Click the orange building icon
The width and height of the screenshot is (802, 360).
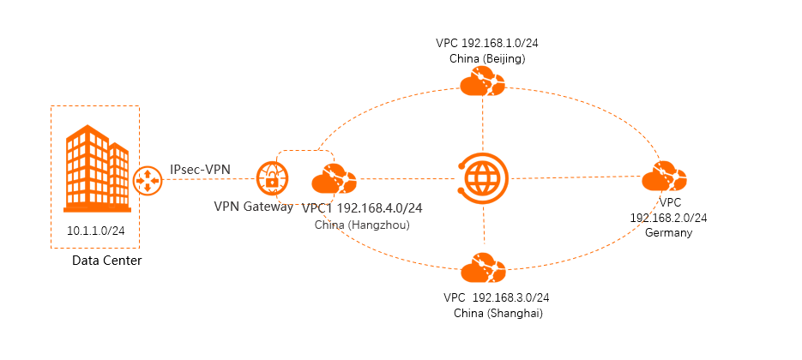click(97, 170)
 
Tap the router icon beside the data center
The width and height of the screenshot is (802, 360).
click(148, 180)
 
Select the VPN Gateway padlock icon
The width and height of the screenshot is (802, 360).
click(272, 180)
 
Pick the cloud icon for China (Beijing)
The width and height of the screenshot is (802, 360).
click(482, 83)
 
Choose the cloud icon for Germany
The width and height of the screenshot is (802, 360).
click(664, 179)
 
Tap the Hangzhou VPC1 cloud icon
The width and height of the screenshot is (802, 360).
click(334, 179)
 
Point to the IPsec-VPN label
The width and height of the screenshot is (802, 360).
click(200, 170)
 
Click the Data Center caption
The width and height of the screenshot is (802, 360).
click(107, 261)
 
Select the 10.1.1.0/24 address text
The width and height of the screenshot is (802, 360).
click(96, 231)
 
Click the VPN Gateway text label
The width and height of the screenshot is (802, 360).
click(253, 207)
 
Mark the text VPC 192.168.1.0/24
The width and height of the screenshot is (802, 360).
click(487, 42)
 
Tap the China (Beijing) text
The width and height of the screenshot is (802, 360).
click(487, 58)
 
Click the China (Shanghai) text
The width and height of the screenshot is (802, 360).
click(497, 314)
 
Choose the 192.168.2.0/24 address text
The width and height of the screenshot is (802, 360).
click(668, 218)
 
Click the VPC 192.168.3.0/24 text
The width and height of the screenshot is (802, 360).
click(497, 297)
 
